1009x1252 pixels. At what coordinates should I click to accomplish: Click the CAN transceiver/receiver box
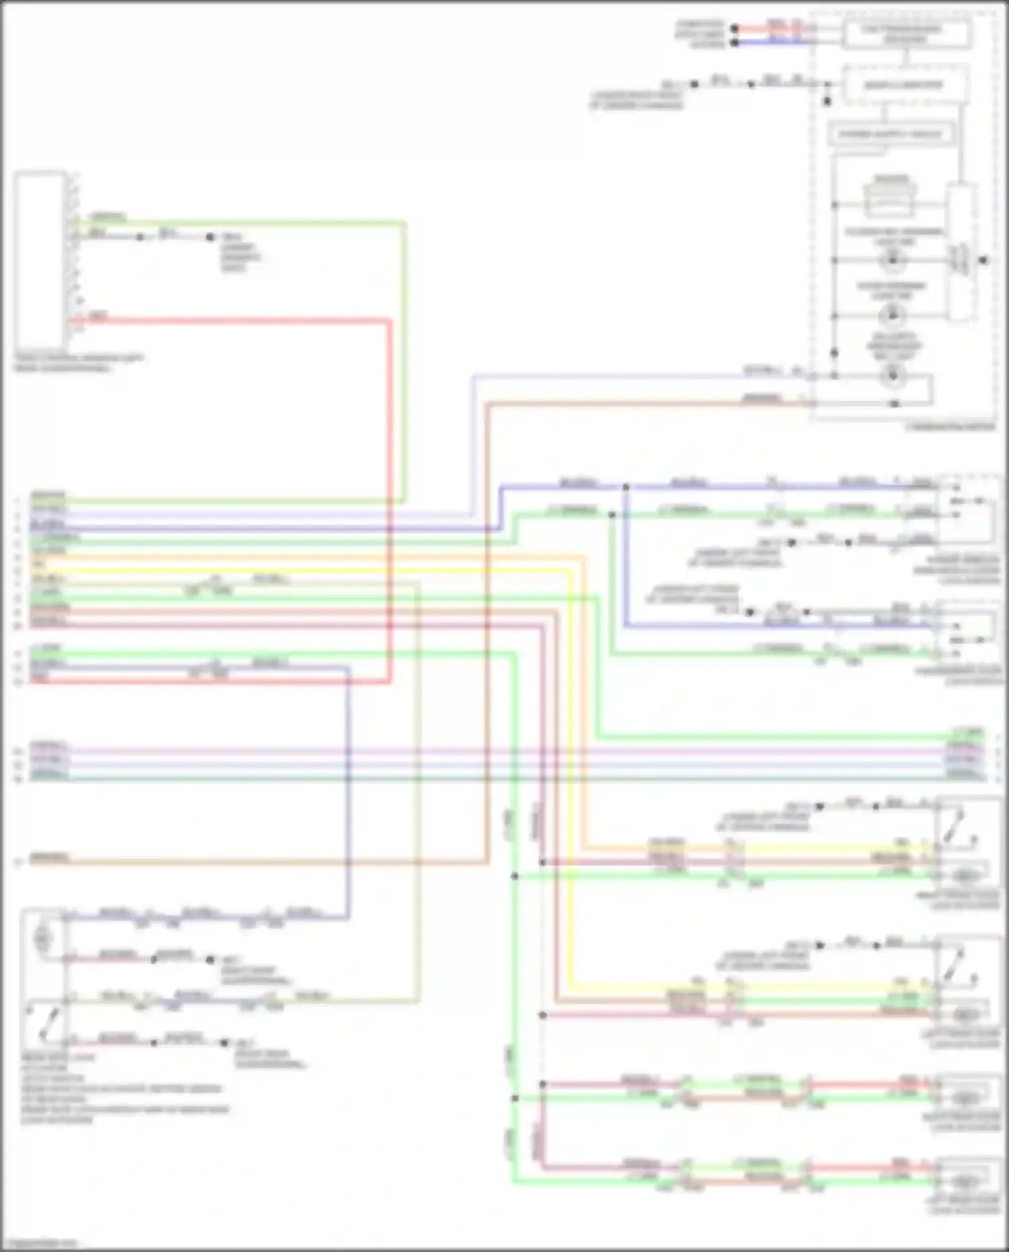(906, 34)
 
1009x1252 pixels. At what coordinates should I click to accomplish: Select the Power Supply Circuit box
(890, 134)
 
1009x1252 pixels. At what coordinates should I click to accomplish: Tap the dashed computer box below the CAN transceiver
(905, 85)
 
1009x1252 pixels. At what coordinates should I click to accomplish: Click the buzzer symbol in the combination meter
(891, 200)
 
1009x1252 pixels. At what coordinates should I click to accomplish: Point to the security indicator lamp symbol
(893, 375)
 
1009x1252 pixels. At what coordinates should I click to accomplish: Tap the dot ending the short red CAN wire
(735, 29)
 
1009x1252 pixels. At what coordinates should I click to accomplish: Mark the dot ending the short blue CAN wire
(735, 42)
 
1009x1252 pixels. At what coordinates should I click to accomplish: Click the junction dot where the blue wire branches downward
(626, 486)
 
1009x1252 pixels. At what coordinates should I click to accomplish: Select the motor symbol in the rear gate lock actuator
(43, 936)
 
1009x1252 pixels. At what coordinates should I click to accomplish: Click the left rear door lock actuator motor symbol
(966, 1181)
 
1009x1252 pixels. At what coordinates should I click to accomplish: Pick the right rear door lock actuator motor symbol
(966, 1097)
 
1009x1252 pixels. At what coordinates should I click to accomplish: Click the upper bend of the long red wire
(389, 322)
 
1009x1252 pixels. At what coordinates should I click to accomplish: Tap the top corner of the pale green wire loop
(404, 221)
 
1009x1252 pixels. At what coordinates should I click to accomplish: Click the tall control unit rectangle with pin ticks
(40, 260)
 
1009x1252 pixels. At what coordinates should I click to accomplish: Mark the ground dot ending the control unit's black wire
(210, 237)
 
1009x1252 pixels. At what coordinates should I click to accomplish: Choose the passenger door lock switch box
(967, 636)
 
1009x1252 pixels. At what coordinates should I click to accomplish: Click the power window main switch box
(967, 509)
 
